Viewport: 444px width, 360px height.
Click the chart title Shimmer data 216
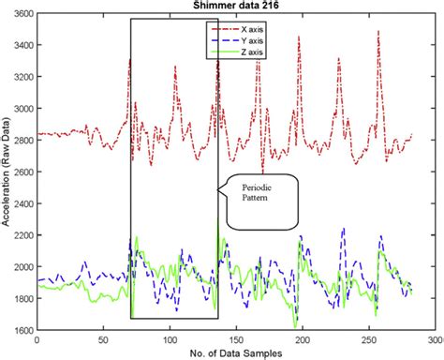[x=223, y=7]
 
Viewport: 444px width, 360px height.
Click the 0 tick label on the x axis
[x=37, y=338]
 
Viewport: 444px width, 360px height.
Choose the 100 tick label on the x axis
[x=170, y=338]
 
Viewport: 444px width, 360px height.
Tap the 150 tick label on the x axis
[x=236, y=338]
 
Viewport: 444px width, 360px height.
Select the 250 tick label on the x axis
[x=368, y=338]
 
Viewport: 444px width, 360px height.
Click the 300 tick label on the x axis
[x=435, y=338]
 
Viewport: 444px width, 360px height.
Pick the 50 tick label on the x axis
[x=103, y=338]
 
